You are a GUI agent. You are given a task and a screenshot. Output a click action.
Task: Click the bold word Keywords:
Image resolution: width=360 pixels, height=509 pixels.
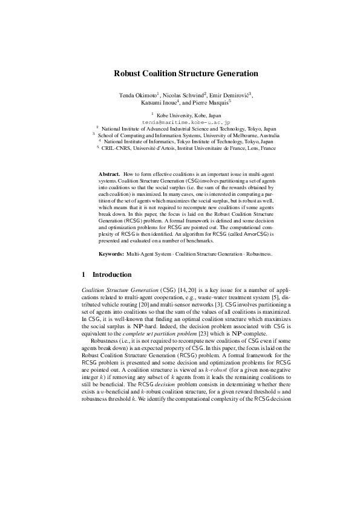[x=111, y=254]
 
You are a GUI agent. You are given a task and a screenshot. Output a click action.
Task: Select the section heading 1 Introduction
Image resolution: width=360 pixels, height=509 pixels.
[x=106, y=274]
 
